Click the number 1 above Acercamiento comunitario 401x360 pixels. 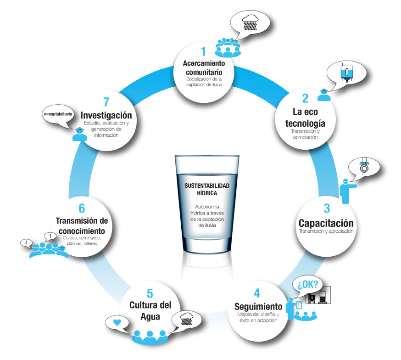pos(204,51)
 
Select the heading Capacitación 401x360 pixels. pos(326,223)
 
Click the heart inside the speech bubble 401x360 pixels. pos(117,322)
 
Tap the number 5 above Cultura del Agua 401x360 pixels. pos(150,293)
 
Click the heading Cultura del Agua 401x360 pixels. pos(150,310)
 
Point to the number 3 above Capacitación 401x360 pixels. pos(326,208)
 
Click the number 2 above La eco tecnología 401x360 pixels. pos(305,98)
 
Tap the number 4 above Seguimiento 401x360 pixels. pos(257,293)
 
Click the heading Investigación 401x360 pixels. pos(106,115)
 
